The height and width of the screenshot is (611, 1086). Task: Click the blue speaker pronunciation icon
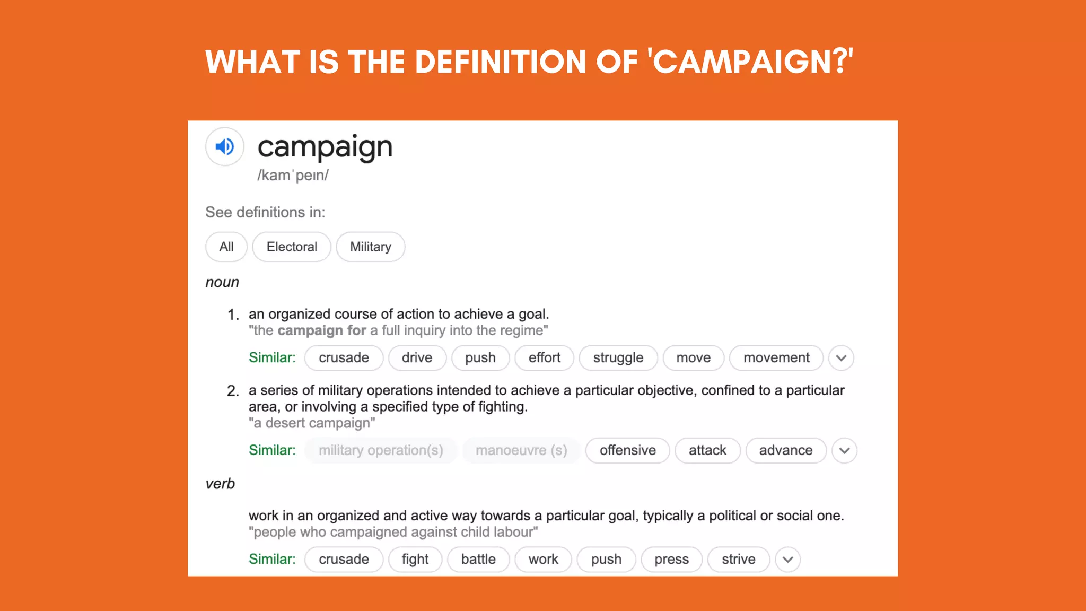point(225,146)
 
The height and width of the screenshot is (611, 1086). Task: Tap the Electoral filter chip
point(292,247)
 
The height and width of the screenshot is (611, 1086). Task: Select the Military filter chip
point(371,247)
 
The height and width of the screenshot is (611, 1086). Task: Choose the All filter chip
point(226,247)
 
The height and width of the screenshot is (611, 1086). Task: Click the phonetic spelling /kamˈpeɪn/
point(293,175)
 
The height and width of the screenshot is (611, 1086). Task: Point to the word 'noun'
point(222,282)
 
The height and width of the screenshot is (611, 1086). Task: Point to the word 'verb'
point(220,484)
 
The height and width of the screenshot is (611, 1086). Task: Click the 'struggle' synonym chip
point(618,357)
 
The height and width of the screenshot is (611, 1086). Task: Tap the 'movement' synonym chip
point(776,357)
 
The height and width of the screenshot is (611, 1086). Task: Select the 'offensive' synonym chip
point(627,450)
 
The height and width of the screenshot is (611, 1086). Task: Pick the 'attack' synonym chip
point(707,450)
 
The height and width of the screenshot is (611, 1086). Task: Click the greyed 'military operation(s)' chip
point(381,450)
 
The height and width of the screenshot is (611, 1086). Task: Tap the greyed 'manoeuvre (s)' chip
point(521,450)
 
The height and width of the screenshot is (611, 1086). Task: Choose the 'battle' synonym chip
point(478,559)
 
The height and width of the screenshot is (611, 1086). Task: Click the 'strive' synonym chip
point(738,559)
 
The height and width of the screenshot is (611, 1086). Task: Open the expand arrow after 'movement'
point(841,357)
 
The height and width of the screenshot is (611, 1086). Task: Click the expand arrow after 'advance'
point(844,450)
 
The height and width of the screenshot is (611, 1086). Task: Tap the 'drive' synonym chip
point(417,357)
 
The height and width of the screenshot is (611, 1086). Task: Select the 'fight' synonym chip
point(415,559)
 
